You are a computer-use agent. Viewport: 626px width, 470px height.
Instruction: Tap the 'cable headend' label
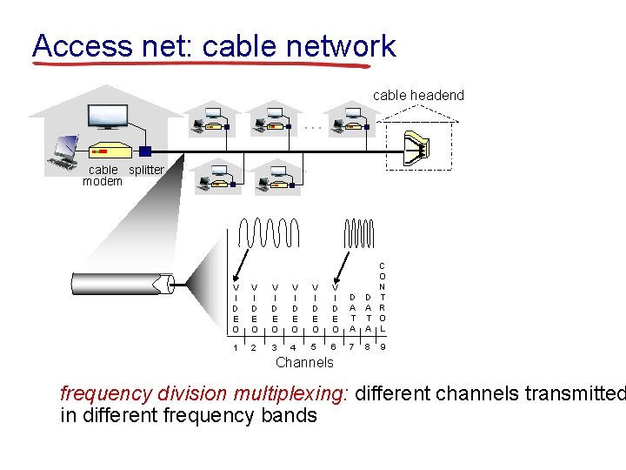[x=418, y=95]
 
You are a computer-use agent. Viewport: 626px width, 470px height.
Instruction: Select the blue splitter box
[x=145, y=151]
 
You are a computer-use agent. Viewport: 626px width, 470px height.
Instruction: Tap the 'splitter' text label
[x=146, y=170]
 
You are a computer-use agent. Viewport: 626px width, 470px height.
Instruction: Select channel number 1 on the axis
[x=235, y=347]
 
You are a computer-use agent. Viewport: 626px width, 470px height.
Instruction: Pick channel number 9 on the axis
[x=383, y=347]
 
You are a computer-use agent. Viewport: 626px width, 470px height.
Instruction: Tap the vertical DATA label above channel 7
[x=352, y=312]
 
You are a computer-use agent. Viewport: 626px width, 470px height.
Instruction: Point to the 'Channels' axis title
[x=303, y=362]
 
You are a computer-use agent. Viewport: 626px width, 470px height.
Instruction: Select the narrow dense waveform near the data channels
[x=359, y=233]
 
